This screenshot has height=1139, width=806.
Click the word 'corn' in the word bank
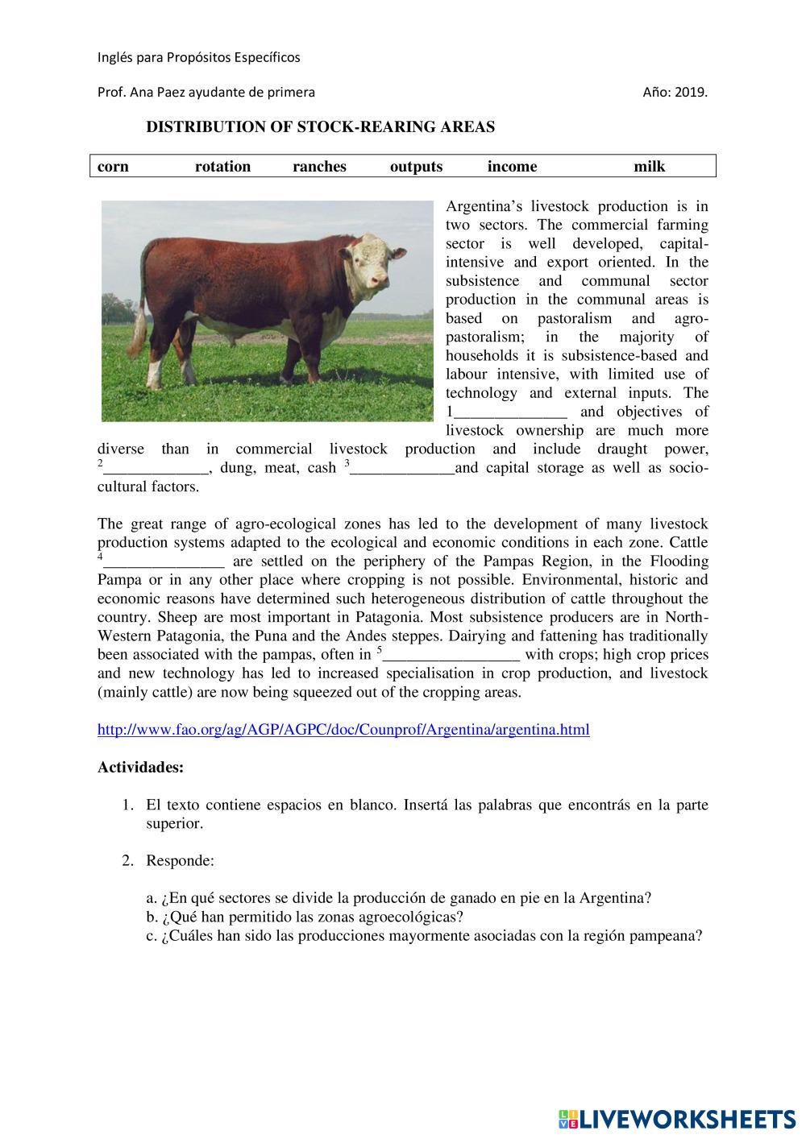113,167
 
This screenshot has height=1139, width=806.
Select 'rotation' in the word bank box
222,167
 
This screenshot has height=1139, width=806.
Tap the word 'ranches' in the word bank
319,167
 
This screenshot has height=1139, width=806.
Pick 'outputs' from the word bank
416,167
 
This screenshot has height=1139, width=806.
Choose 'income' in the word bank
512,167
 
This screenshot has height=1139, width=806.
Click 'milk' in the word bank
649,167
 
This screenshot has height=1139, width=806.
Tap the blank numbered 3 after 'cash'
402,469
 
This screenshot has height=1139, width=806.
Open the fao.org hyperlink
343,730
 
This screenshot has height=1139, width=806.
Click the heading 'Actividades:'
140,767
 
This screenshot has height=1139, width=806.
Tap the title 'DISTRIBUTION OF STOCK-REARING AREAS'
320,127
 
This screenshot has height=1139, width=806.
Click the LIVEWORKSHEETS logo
676,1119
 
